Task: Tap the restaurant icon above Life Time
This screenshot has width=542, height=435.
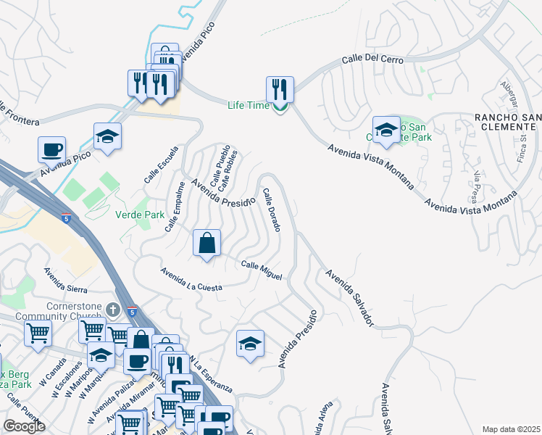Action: tap(280, 90)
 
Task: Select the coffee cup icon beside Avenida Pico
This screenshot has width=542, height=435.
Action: tap(51, 150)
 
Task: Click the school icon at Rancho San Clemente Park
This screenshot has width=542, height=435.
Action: tap(386, 130)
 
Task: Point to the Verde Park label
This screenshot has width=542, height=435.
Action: tap(140, 215)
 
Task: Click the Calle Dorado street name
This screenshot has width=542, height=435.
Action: tap(272, 210)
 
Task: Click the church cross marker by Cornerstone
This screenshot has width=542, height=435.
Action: tap(112, 310)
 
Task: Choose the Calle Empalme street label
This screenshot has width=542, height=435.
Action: tap(174, 207)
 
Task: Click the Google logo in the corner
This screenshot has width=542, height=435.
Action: tap(24, 426)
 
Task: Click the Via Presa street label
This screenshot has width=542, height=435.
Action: tap(475, 187)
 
